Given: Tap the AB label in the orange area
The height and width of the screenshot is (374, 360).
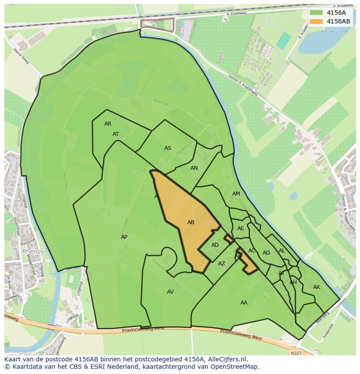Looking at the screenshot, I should (190, 222).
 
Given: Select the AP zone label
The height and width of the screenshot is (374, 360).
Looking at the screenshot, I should (124, 237).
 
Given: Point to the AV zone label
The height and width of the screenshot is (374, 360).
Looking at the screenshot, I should (170, 292).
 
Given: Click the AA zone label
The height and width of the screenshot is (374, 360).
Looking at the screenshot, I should (243, 303).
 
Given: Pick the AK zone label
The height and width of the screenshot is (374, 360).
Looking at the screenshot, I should (316, 287).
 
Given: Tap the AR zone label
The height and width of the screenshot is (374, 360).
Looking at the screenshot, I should (108, 124).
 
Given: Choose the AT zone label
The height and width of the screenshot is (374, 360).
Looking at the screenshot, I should (116, 134).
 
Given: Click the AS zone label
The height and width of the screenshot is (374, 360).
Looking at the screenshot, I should (167, 148).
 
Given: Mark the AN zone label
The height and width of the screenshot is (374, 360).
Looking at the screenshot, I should (194, 168).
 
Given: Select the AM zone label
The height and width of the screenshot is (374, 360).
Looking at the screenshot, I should (236, 194).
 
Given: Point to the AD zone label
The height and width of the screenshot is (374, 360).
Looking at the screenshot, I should (215, 245).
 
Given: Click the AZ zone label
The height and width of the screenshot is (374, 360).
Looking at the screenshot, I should (222, 264).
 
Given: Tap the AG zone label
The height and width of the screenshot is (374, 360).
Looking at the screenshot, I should (266, 253).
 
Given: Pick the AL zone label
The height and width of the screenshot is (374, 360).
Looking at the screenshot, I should (282, 251).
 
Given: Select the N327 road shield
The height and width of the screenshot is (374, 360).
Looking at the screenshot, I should (296, 353).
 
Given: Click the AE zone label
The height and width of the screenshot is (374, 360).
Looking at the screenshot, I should (240, 228).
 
